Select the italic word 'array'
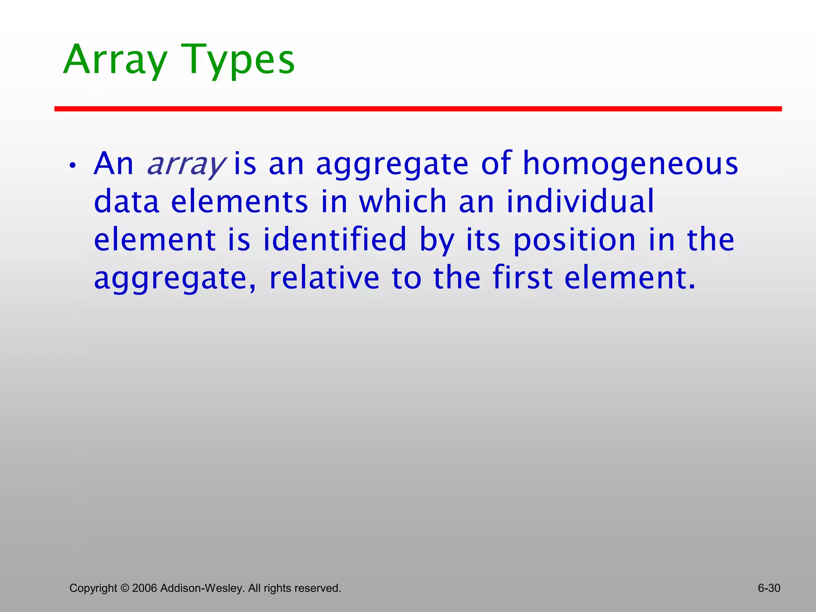pos(186,164)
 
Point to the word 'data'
pos(126,202)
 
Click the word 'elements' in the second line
pos(239,202)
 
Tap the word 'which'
pos(402,202)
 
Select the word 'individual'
pos(580,202)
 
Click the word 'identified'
pos(334,240)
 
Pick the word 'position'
pos(574,240)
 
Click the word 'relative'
pos(324,278)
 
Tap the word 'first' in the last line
pos(522,278)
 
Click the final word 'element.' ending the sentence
pos(630,278)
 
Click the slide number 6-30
pos(769,588)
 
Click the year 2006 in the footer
pos(144,588)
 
